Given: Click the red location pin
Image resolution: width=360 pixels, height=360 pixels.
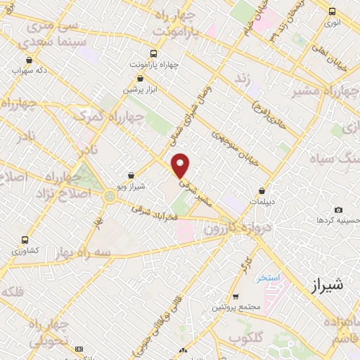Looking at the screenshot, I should click(x=181, y=165).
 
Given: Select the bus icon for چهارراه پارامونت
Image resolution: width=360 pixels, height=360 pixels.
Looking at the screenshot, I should click(x=154, y=53).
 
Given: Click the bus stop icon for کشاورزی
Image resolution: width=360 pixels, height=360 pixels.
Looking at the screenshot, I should click(x=26, y=240).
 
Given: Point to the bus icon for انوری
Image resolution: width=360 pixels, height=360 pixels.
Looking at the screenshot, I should click(x=333, y=11).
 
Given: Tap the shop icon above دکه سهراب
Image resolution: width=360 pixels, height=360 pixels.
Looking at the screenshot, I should click(x=29, y=60).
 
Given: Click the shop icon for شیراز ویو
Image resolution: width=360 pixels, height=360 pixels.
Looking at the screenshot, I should click(x=131, y=176).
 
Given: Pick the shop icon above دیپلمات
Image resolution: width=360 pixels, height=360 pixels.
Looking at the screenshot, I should click(x=262, y=190).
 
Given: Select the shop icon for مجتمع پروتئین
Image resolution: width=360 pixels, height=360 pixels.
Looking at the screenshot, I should click(x=236, y=297).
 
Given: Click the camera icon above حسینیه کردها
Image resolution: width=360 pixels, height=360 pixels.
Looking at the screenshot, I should click(x=339, y=210).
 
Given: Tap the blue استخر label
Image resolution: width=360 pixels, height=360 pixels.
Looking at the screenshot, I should click(x=268, y=277).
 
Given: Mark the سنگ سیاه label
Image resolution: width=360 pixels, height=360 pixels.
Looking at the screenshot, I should click(x=330, y=157).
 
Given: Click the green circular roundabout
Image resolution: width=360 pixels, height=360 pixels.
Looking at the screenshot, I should click(x=110, y=196).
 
